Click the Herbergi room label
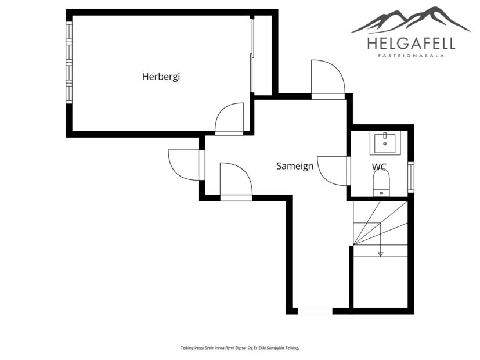coord(161,76)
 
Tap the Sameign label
coord(294,166)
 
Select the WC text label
coord(379,167)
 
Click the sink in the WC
coord(384,142)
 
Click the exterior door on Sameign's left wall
coord(185,165)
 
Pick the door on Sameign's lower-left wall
coord(236,181)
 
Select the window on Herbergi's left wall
coord(69,62)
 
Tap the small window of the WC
coord(410,177)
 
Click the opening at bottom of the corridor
coord(315,311)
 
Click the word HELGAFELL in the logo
coord(410,44)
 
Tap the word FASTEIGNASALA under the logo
coord(411,56)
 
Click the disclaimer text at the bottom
coord(239,348)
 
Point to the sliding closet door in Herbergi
coord(252,55)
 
